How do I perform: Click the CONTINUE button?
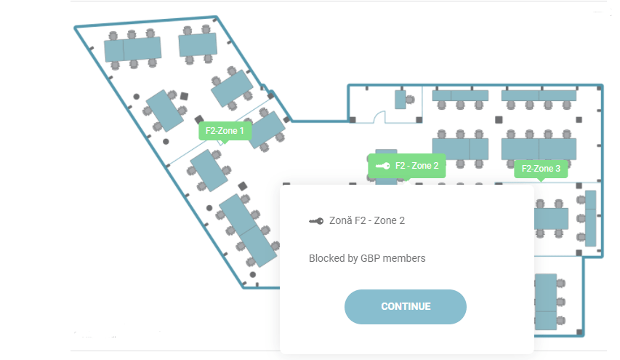tap(406, 307)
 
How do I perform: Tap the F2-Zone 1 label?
tap(225, 131)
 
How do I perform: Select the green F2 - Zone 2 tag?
tap(407, 166)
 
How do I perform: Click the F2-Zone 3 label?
tap(541, 169)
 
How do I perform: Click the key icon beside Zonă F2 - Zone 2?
tap(316, 221)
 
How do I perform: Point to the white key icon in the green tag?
tap(383, 166)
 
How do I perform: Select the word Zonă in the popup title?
tap(341, 220)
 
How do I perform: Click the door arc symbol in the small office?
tap(379, 116)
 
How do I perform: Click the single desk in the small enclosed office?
tap(400, 100)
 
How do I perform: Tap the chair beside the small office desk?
tap(411, 100)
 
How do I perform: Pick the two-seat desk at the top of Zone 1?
tap(198, 44)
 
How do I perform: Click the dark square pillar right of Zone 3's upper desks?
tap(579, 119)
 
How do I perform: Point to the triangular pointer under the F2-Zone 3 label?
tap(541, 180)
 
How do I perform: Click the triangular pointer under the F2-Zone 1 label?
tap(225, 142)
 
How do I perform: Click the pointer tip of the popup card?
tap(407, 181)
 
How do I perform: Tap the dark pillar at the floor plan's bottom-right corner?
tap(579, 332)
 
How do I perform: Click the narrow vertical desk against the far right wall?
tap(590, 218)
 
